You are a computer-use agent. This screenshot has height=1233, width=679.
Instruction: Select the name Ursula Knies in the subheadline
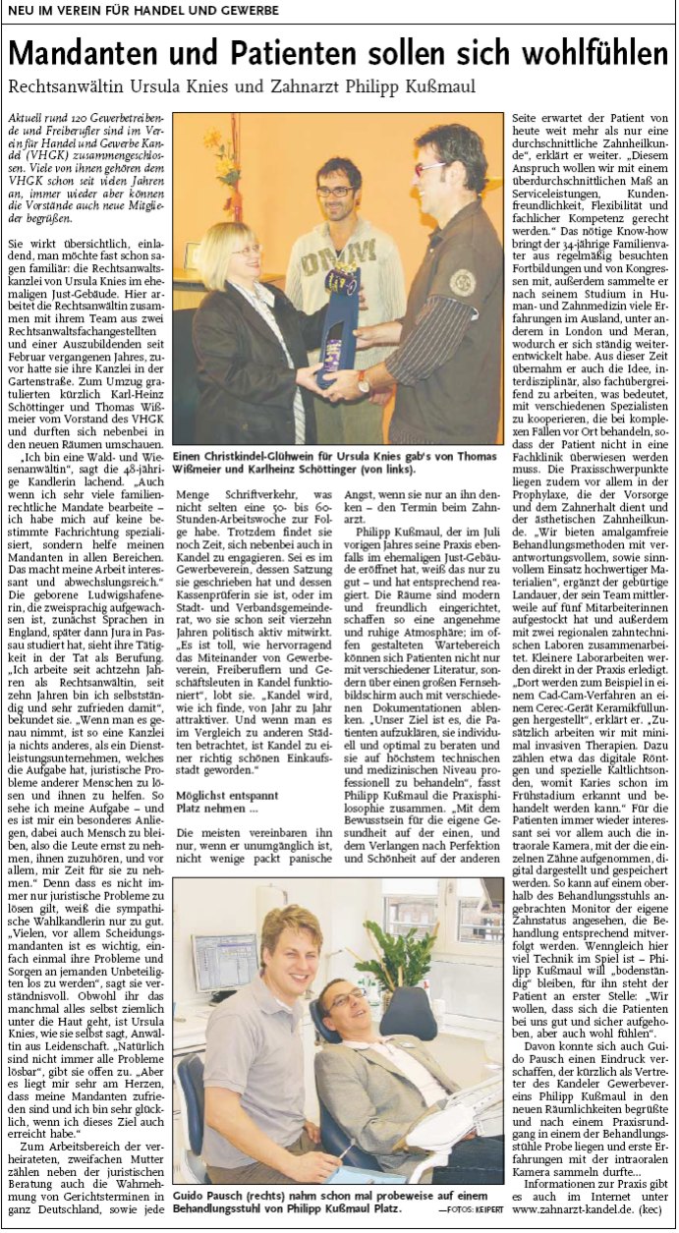pyautogui.click(x=192, y=87)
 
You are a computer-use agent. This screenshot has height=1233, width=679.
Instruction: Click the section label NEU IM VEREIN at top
pyautogui.click(x=65, y=10)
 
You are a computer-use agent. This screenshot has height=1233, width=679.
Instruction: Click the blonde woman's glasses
pyautogui.click(x=246, y=251)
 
